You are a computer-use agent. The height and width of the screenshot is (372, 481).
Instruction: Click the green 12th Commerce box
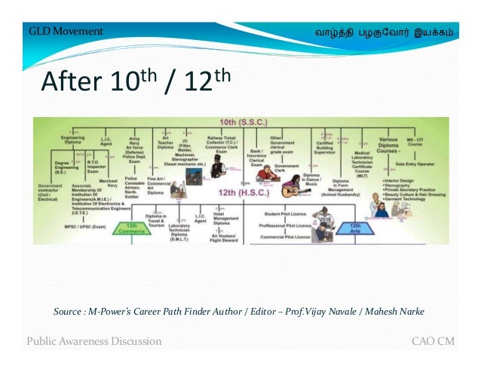click(x=132, y=229)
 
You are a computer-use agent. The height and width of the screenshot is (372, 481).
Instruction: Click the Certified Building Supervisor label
click(x=325, y=148)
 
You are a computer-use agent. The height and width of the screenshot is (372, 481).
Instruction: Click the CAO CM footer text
click(x=433, y=341)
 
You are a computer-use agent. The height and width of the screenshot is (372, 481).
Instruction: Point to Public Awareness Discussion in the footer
click(x=94, y=341)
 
